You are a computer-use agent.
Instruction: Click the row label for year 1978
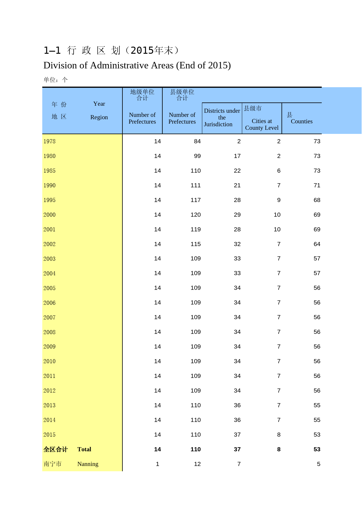[x=49, y=141]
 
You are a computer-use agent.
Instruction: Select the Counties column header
[x=301, y=121]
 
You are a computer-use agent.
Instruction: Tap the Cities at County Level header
[x=262, y=124]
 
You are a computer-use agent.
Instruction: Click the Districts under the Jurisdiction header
[x=222, y=117]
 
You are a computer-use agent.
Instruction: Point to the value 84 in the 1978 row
[x=197, y=141]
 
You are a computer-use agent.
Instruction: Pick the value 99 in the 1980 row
[x=197, y=156]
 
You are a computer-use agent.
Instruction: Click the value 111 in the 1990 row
[x=196, y=185]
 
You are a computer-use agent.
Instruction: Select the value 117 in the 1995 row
[x=196, y=200]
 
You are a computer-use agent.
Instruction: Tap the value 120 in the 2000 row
[x=196, y=215]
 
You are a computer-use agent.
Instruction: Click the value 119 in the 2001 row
[x=196, y=229]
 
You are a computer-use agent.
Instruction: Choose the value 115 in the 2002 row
[x=196, y=244]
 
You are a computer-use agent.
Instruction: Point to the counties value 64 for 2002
[x=317, y=244]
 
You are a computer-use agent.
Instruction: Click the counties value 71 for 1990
[x=317, y=185]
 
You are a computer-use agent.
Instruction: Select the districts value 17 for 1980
[x=237, y=156]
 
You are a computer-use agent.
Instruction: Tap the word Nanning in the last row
[x=88, y=464]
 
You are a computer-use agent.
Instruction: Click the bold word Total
[x=84, y=449]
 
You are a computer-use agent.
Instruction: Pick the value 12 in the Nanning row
[x=197, y=464]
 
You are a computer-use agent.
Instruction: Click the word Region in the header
[x=99, y=117]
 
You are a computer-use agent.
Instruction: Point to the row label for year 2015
[x=49, y=435]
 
